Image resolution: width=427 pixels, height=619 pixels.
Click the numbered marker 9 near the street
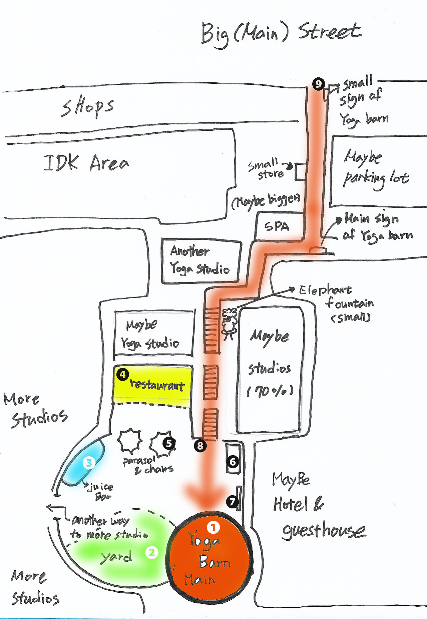tap(319, 84)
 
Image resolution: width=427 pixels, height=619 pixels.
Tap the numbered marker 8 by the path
tap(200, 446)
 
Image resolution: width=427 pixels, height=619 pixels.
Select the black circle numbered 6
tap(233, 462)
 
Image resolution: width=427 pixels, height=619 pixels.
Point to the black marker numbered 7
tap(233, 501)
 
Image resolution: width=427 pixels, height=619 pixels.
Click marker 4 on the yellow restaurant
tap(123, 374)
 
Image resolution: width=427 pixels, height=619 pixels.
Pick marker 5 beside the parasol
tap(169, 443)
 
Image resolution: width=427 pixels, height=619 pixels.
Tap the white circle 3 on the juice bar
tap(89, 463)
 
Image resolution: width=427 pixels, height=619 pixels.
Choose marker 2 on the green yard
tap(152, 553)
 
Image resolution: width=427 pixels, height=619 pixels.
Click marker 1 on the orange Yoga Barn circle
tap(213, 527)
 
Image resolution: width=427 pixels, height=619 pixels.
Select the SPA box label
tap(277, 227)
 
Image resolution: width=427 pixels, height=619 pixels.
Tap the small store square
tap(301, 172)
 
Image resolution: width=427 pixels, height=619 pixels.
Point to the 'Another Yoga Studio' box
tap(200, 260)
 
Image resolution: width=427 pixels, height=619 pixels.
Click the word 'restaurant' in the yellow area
tap(157, 385)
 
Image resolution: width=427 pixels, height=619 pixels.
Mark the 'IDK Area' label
tap(86, 163)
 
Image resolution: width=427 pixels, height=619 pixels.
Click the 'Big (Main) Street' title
tap(281, 33)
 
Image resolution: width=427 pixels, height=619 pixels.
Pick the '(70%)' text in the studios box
tap(270, 391)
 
